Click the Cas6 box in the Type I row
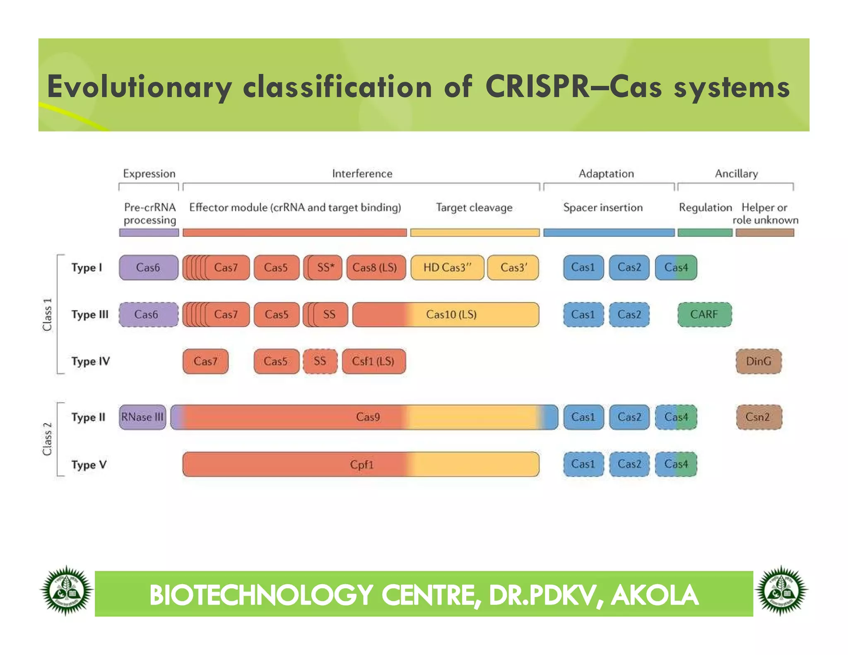148,267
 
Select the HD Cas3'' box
447,267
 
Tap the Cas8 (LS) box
375,267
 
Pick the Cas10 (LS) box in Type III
451,315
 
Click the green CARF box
704,315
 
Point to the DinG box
758,361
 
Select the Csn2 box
758,417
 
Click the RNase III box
142,417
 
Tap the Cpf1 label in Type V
361,465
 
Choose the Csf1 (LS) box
373,361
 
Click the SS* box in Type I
325,267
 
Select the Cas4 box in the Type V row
676,464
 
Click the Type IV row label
90,361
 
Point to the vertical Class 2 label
47,439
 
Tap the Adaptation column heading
606,173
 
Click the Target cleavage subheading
474,207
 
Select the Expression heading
149,173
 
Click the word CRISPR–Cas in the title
573,87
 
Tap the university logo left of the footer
66,591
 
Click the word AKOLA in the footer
655,595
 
